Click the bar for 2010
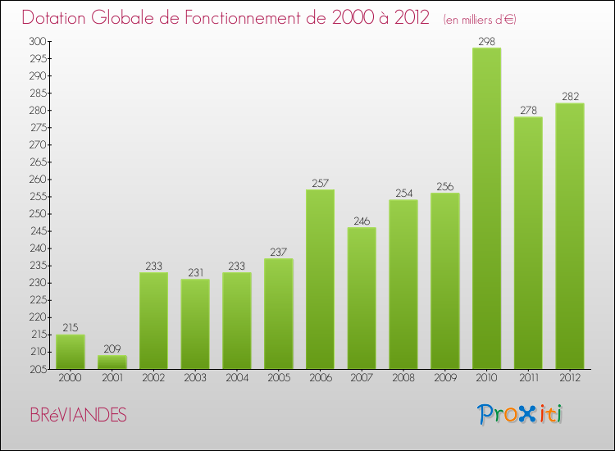coord(486,208)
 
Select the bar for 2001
coord(112,362)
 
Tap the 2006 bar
coord(320,279)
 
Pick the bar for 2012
coord(570,236)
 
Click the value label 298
coord(486,41)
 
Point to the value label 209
coord(112,348)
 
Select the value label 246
coord(362,221)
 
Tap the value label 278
coord(528,110)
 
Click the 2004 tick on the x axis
coord(237,377)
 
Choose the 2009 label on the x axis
coord(444,377)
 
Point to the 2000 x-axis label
coord(71,377)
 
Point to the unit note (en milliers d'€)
coord(479,20)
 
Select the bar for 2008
coord(403,285)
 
